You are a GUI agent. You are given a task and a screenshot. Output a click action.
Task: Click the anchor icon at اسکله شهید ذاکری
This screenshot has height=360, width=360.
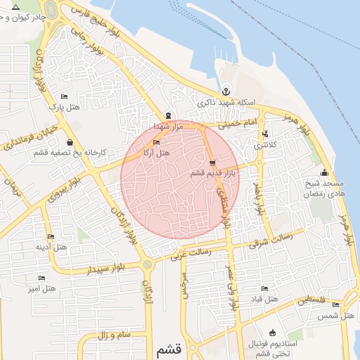click(x=226, y=91)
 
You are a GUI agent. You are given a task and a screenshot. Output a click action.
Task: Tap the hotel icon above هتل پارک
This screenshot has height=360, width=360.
click(x=65, y=96)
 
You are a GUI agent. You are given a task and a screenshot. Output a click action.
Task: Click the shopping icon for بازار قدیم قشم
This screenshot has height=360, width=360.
click(x=212, y=163)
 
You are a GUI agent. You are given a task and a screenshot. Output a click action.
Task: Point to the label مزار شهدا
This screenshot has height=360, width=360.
click(x=169, y=126)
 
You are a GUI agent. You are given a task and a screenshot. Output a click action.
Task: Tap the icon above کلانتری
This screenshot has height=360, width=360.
click(x=264, y=134)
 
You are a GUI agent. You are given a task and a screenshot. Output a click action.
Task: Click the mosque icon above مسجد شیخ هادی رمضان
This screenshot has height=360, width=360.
click(x=323, y=173)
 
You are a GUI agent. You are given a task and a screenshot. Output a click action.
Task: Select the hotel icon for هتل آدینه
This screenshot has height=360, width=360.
click(x=50, y=237)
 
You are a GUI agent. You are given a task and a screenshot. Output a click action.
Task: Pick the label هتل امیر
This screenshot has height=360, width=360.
click(x=41, y=288)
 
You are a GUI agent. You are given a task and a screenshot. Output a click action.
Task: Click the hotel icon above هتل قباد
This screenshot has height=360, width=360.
click(x=264, y=288)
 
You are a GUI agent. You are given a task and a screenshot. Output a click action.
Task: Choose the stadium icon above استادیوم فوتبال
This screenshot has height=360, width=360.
click(x=272, y=333)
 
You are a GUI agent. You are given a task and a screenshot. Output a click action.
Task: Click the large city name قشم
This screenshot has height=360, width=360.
click(x=167, y=349)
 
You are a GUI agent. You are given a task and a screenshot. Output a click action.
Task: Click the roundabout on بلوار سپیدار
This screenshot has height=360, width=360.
click(x=147, y=264)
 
